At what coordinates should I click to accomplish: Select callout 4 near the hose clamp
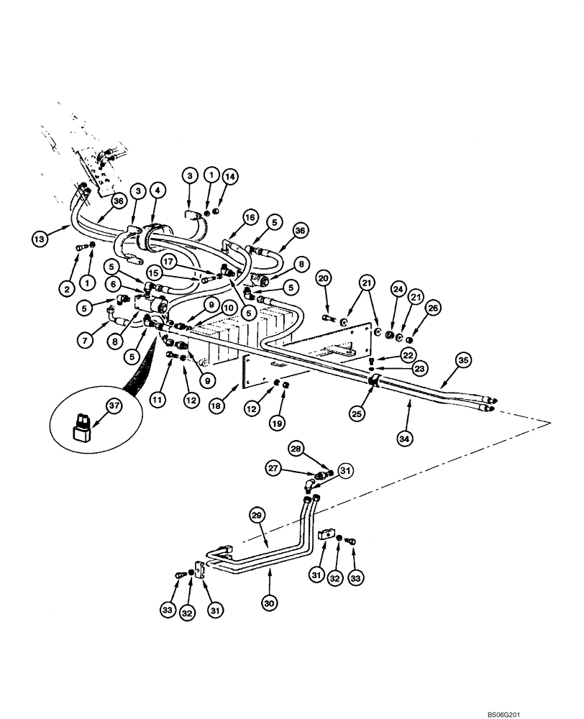pos(158,190)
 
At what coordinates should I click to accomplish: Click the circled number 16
pos(250,216)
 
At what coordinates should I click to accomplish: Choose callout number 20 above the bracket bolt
pos(324,279)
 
